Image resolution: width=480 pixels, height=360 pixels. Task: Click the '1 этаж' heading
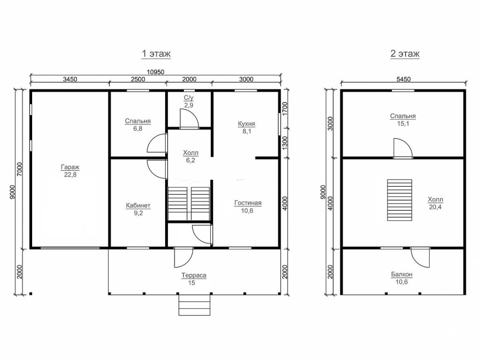[x=156, y=54]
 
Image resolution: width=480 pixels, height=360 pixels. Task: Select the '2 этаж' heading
[x=405, y=54]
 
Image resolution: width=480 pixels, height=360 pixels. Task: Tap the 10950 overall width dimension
[x=156, y=72]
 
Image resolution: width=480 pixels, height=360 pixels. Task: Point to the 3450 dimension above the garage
[x=70, y=79]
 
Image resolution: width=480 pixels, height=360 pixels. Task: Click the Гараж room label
[x=70, y=167]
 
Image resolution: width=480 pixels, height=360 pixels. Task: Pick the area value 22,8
[x=70, y=175]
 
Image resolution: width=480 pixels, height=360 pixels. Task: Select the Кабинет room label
[x=138, y=205]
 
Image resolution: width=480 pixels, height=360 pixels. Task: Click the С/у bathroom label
[x=189, y=98]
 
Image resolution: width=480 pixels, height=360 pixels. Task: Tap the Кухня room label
[x=247, y=124]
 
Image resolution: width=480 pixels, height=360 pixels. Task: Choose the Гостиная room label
[x=248, y=203]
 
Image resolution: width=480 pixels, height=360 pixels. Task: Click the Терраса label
[x=194, y=275]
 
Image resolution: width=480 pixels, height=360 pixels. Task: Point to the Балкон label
[x=402, y=274]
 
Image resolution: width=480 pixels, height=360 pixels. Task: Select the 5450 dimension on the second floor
[x=404, y=79]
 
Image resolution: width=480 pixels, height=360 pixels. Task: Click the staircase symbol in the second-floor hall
[x=399, y=200]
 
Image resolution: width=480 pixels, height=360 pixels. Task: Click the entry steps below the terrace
[x=194, y=305]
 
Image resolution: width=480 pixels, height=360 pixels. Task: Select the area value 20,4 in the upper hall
[x=435, y=207]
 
